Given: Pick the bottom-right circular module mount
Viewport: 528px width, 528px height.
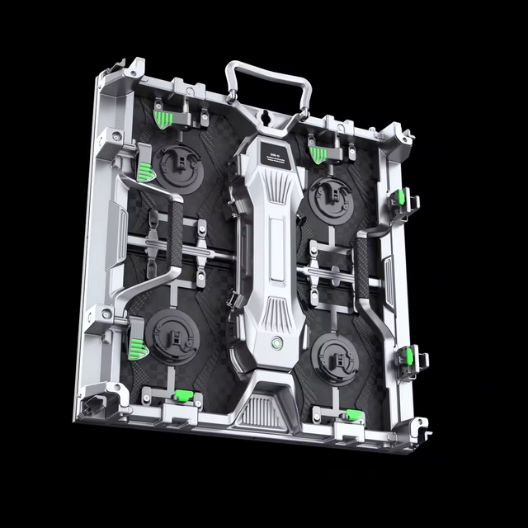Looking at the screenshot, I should coord(337,352).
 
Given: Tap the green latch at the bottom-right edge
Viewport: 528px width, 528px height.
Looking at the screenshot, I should coord(352,415).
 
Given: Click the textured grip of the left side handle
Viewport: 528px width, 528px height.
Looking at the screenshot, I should coord(175,238).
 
